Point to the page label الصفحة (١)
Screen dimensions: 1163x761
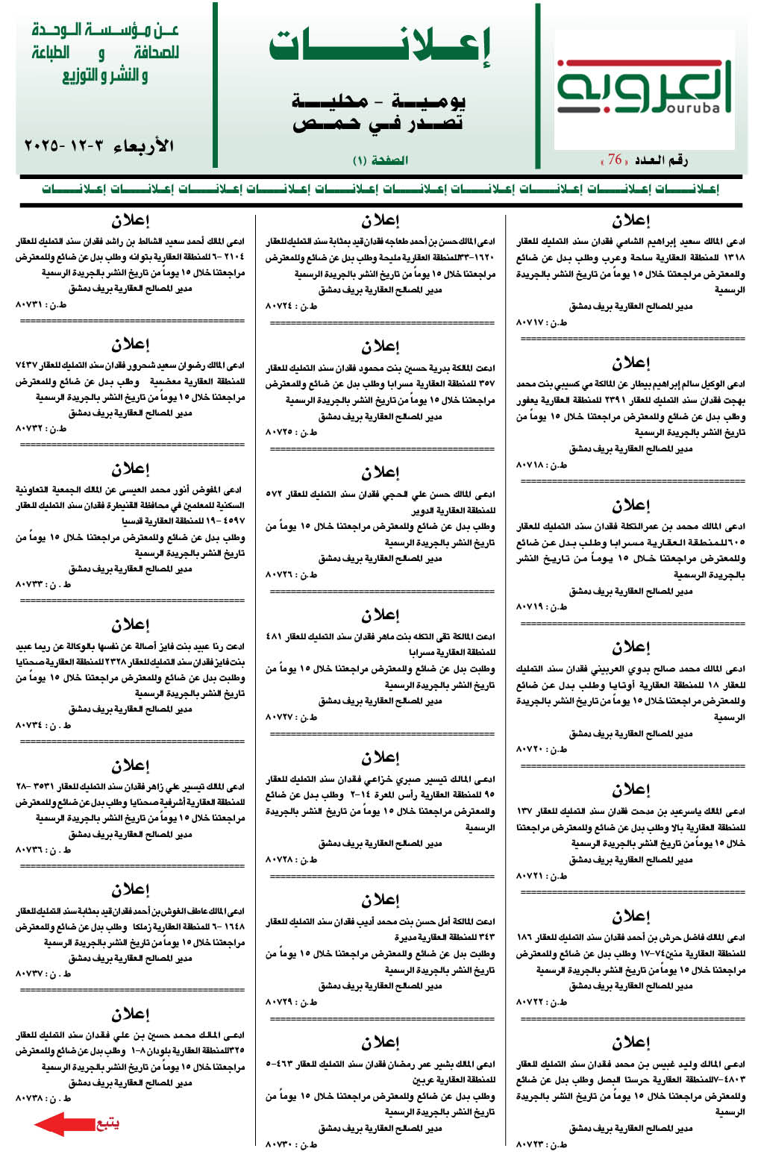(x=380, y=160)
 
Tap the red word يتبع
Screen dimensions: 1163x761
(x=107, y=1123)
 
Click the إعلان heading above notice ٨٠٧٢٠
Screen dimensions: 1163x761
(x=631, y=648)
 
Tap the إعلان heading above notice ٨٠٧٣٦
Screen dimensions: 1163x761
(x=131, y=765)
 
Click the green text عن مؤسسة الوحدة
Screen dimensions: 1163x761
(x=105, y=31)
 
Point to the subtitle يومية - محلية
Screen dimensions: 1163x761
(x=380, y=101)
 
